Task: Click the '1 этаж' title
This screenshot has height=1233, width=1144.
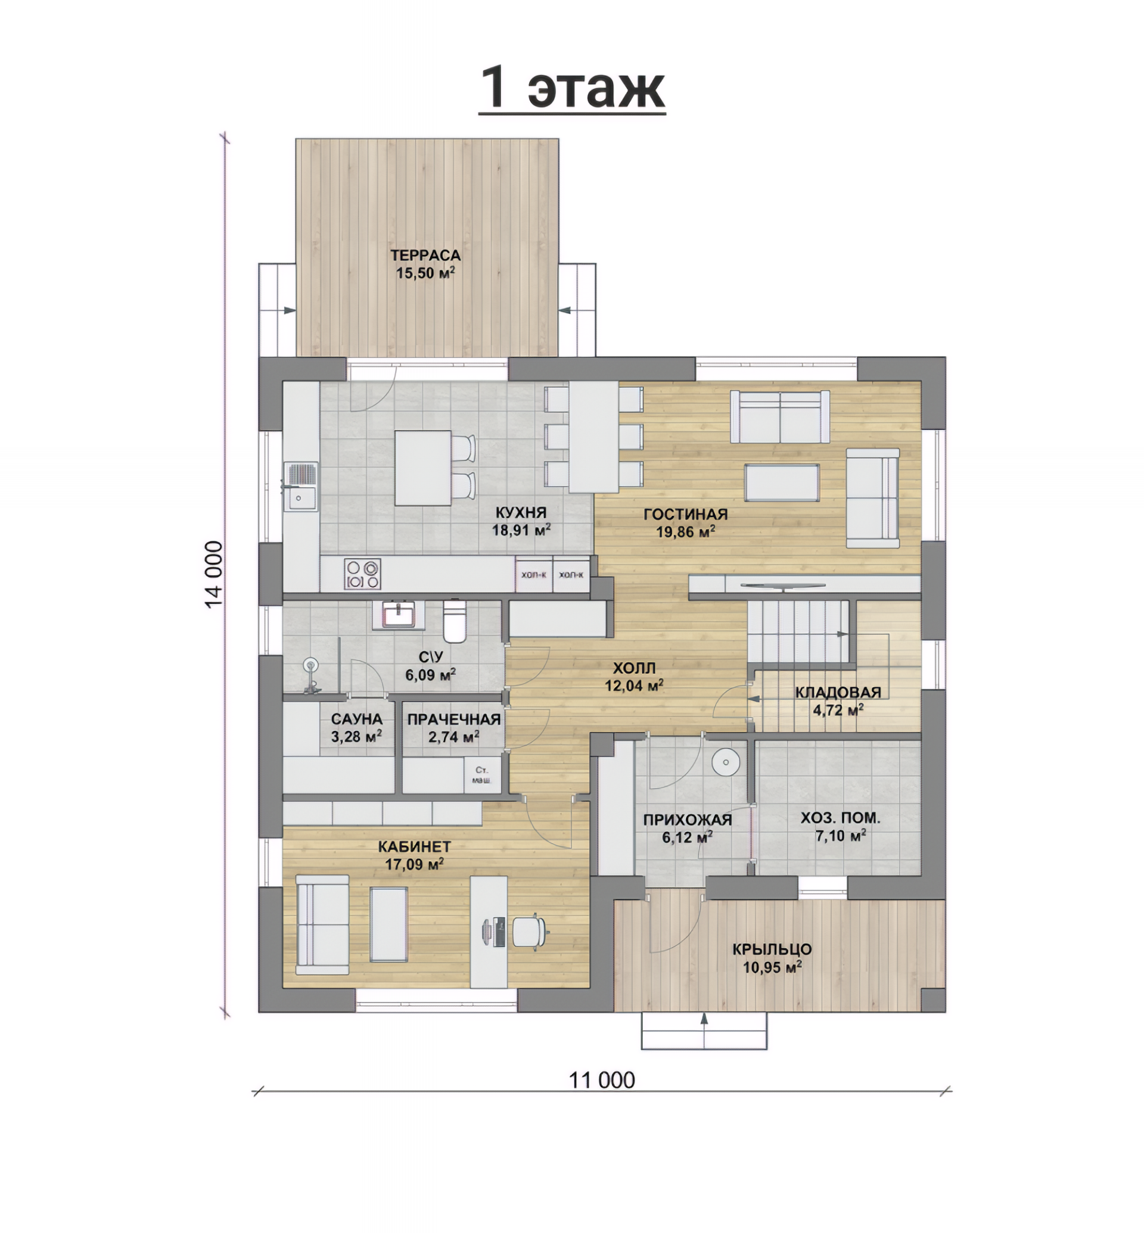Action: pyautogui.click(x=572, y=88)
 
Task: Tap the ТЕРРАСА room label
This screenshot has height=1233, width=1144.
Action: pyautogui.click(x=425, y=255)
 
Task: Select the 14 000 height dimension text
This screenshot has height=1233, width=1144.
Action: pyautogui.click(x=213, y=574)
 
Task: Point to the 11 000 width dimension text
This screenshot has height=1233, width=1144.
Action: pyautogui.click(x=602, y=1079)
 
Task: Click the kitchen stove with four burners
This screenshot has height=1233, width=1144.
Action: pyautogui.click(x=363, y=574)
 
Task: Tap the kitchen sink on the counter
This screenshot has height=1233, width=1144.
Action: pyautogui.click(x=301, y=487)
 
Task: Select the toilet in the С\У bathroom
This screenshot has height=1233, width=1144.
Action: pyautogui.click(x=455, y=621)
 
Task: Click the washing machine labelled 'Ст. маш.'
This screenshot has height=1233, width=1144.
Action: pyautogui.click(x=482, y=775)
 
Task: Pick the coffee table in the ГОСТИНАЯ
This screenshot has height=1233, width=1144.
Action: pyautogui.click(x=782, y=482)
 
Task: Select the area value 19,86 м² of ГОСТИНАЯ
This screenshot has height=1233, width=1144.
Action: pyautogui.click(x=686, y=531)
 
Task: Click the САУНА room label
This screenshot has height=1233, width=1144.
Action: pyautogui.click(x=356, y=720)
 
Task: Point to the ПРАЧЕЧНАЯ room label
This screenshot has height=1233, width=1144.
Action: pyautogui.click(x=454, y=720)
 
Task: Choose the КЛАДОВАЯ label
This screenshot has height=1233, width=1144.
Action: pyautogui.click(x=838, y=692)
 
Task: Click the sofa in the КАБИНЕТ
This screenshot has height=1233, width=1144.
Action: pyautogui.click(x=322, y=924)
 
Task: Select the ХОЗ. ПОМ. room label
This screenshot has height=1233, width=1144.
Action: pyautogui.click(x=840, y=818)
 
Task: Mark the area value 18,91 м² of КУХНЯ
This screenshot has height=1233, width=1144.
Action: pyautogui.click(x=521, y=530)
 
